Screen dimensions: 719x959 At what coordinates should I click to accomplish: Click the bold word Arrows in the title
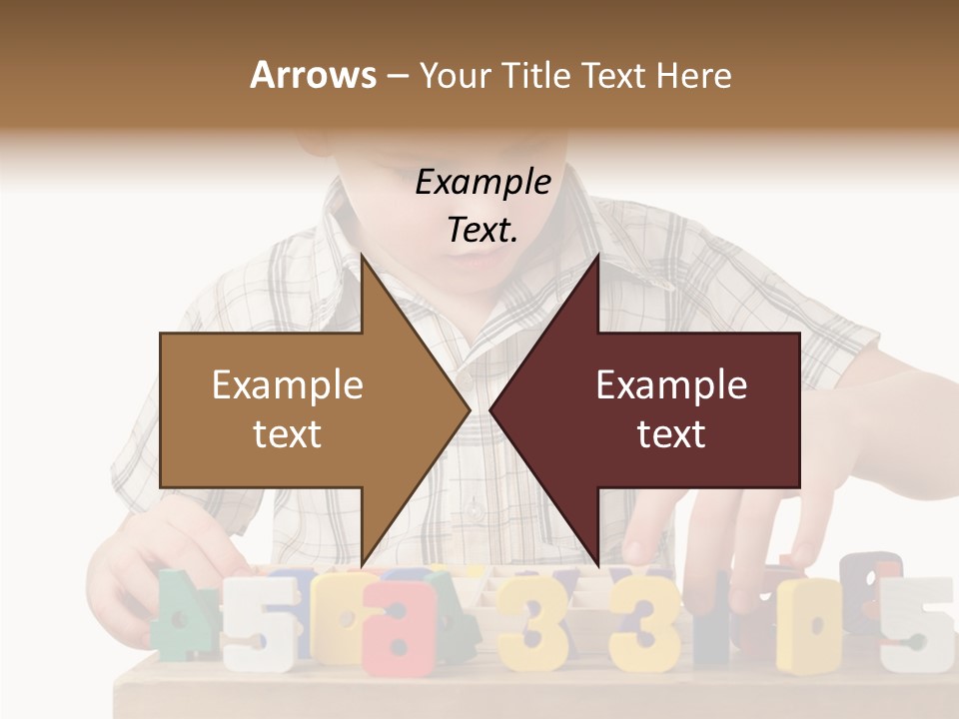314,75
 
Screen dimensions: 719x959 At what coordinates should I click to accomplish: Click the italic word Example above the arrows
482,182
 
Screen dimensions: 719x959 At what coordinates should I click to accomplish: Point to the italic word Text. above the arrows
482,231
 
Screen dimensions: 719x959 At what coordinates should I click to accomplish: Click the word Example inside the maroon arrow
671,385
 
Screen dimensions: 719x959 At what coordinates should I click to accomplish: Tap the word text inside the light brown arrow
288,434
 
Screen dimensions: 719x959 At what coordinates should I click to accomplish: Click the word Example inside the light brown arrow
288,385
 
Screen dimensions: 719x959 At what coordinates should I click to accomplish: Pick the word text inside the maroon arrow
671,434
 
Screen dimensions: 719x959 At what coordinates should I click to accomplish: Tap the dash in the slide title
397,76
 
